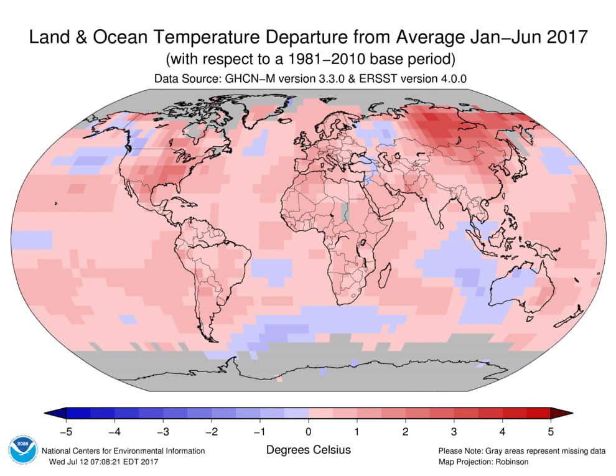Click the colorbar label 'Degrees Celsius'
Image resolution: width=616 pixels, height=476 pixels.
(308, 449)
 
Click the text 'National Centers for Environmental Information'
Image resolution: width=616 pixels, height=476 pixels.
(123, 450)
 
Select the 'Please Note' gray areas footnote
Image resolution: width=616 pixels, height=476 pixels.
(521, 450)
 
